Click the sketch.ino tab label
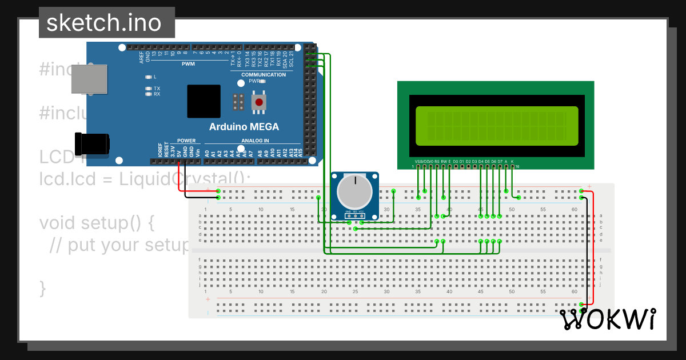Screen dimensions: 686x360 (x=103, y=23)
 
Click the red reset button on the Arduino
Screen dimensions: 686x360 (x=259, y=103)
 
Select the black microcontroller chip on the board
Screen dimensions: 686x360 (x=204, y=101)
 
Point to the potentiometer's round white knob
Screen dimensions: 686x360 (x=355, y=192)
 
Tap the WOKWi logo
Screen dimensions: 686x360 (x=608, y=319)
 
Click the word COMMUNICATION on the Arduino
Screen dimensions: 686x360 (x=264, y=75)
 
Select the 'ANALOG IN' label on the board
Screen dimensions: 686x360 (x=254, y=141)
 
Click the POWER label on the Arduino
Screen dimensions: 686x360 (x=186, y=141)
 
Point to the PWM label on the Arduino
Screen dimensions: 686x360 (x=188, y=64)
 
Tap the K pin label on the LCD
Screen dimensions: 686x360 (x=512, y=162)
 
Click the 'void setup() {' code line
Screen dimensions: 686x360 (x=97, y=222)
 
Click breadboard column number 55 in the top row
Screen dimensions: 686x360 (x=544, y=210)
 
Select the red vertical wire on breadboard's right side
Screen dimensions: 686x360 (x=593, y=246)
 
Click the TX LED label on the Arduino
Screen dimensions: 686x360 (x=157, y=89)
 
